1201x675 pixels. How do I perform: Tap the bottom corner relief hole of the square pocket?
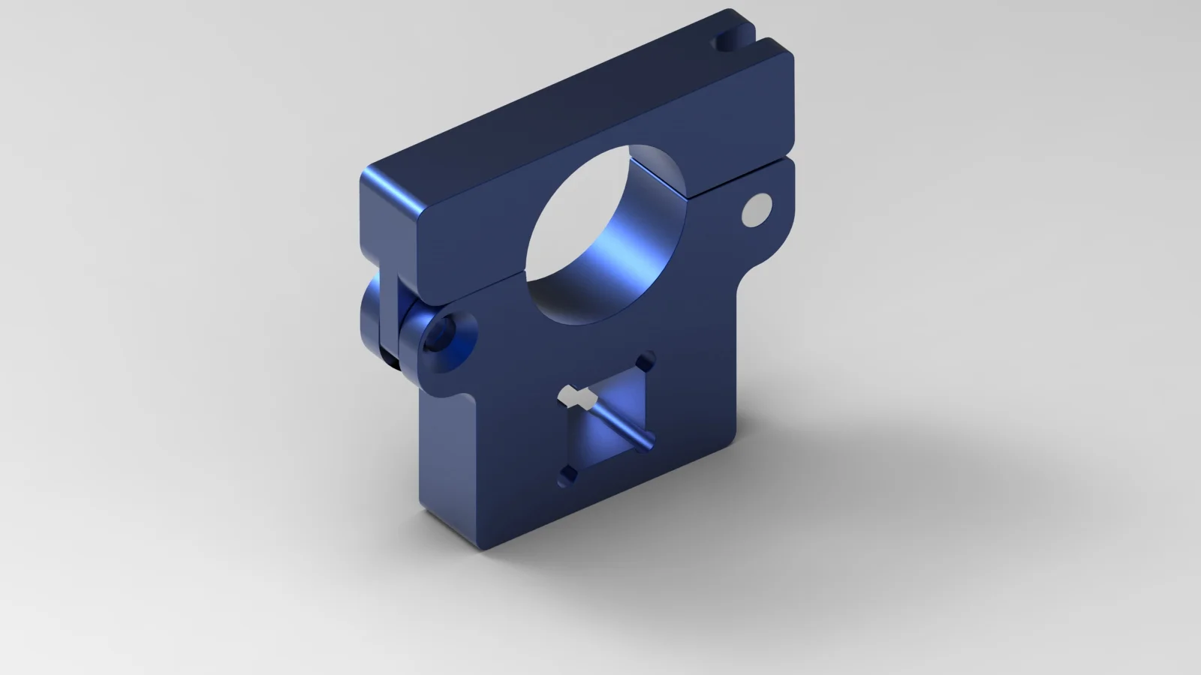coord(568,474)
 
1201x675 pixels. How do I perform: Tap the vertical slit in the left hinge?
coord(396,307)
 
